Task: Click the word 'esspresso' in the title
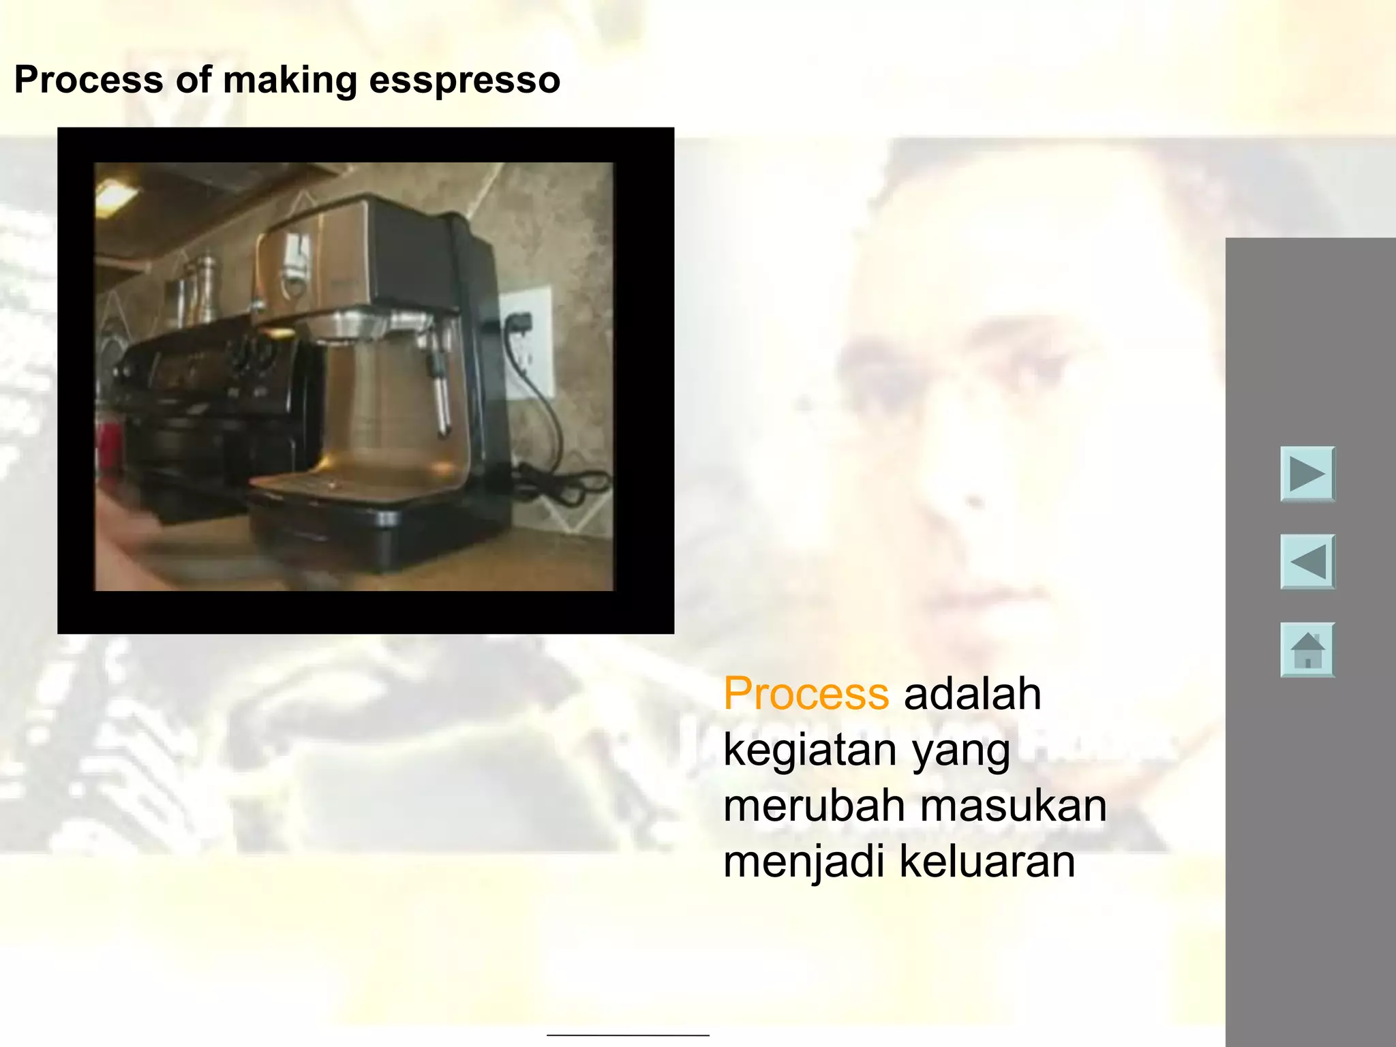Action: click(464, 80)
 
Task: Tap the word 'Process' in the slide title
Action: click(89, 80)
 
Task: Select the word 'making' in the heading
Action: click(290, 80)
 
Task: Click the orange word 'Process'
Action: click(806, 694)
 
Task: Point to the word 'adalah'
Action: click(972, 694)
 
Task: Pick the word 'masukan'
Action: click(1013, 806)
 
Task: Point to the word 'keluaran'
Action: click(987, 862)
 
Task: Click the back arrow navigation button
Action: click(1307, 562)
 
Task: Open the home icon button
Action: click(1307, 650)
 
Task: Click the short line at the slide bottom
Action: click(628, 1035)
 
